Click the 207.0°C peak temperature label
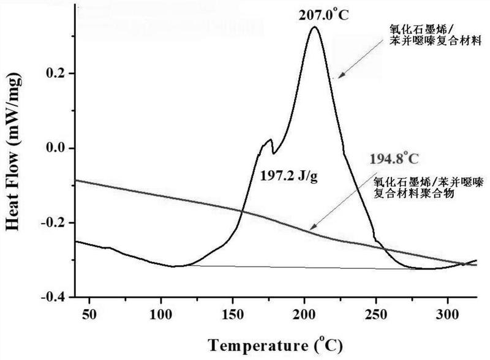pyautogui.click(x=323, y=15)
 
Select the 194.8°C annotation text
pyautogui.click(x=394, y=159)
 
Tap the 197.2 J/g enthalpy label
pyautogui.click(x=288, y=176)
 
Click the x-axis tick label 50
pyautogui.click(x=89, y=314)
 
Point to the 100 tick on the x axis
pyautogui.click(x=160, y=314)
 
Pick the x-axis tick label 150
pyautogui.click(x=233, y=314)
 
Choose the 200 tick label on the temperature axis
pyautogui.click(x=304, y=314)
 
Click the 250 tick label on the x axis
pyautogui.click(x=375, y=314)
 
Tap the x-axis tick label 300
pyautogui.click(x=448, y=314)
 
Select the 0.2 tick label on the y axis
pyautogui.click(x=55, y=73)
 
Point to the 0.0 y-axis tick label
pyautogui.click(x=55, y=148)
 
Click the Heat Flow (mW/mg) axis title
pyautogui.click(x=13, y=152)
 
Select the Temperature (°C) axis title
pyautogui.click(x=276, y=346)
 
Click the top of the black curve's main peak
pyautogui.click(x=314, y=27)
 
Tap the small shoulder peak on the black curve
pyautogui.click(x=270, y=140)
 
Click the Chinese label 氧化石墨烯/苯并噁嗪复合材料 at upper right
pyautogui.click(x=435, y=35)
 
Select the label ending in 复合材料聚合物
pyautogui.click(x=428, y=187)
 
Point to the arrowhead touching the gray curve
pyautogui.click(x=311, y=228)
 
